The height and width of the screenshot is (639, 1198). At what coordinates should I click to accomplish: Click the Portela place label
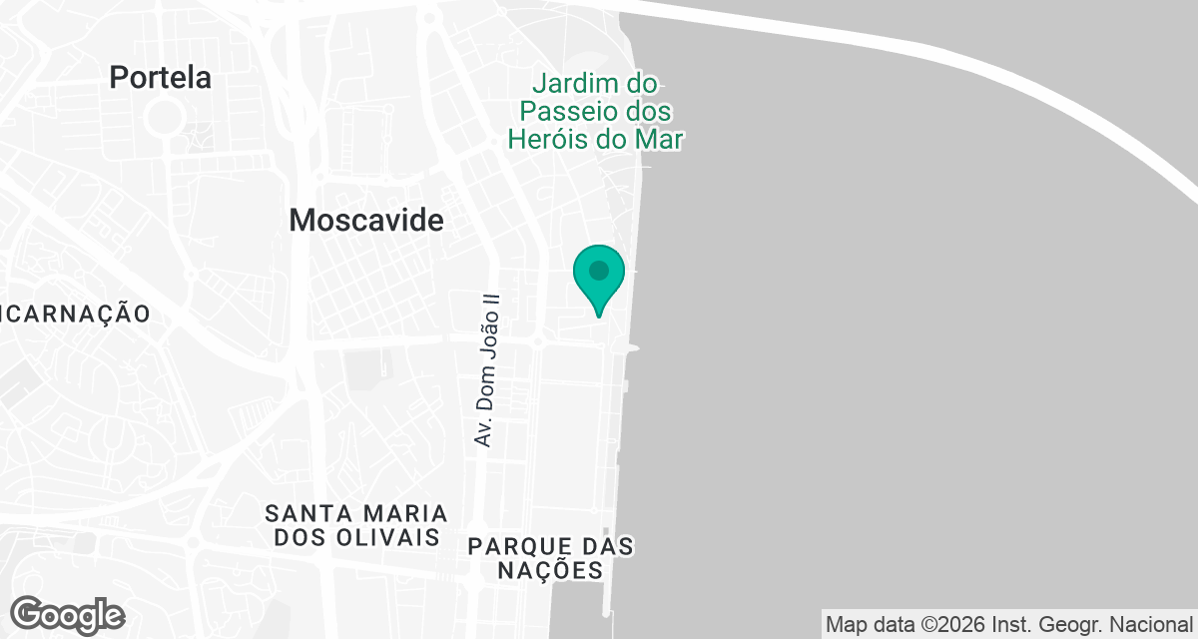click(160, 77)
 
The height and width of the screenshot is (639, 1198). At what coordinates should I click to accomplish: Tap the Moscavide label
click(365, 221)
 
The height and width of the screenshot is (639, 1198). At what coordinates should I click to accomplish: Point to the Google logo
click(68, 614)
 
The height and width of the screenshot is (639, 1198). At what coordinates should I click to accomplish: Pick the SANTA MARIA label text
click(356, 513)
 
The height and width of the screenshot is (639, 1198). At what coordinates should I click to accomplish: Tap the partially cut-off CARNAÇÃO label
click(75, 314)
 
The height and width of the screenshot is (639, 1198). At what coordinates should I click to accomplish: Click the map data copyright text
click(1009, 624)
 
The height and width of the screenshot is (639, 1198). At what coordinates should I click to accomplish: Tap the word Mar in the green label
click(659, 139)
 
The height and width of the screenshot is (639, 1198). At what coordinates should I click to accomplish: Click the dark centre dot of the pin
click(599, 271)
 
